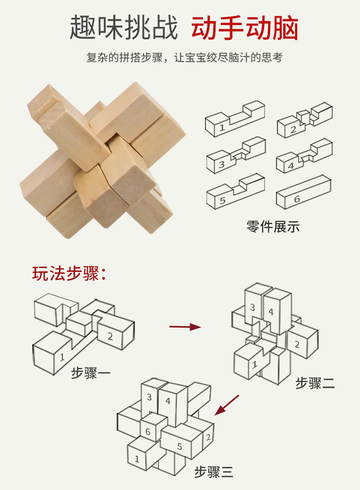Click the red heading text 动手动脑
(x=245, y=28)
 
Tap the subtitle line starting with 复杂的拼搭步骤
(x=184, y=58)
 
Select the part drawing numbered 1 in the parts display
(x=235, y=119)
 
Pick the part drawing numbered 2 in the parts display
(x=305, y=120)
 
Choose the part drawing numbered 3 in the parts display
(x=236, y=155)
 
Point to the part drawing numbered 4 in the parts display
(x=304, y=156)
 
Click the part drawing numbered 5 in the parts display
(x=235, y=191)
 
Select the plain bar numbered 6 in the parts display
(x=303, y=192)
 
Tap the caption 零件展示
(x=273, y=227)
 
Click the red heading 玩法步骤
(x=69, y=273)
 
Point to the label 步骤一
(x=91, y=373)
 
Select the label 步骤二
(x=315, y=383)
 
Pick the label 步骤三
(x=214, y=472)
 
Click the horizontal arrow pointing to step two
(x=185, y=327)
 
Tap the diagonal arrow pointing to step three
(x=227, y=405)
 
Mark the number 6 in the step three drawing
(x=148, y=431)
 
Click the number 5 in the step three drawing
(x=180, y=446)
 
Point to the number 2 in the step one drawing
(x=110, y=336)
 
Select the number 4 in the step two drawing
(x=271, y=312)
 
